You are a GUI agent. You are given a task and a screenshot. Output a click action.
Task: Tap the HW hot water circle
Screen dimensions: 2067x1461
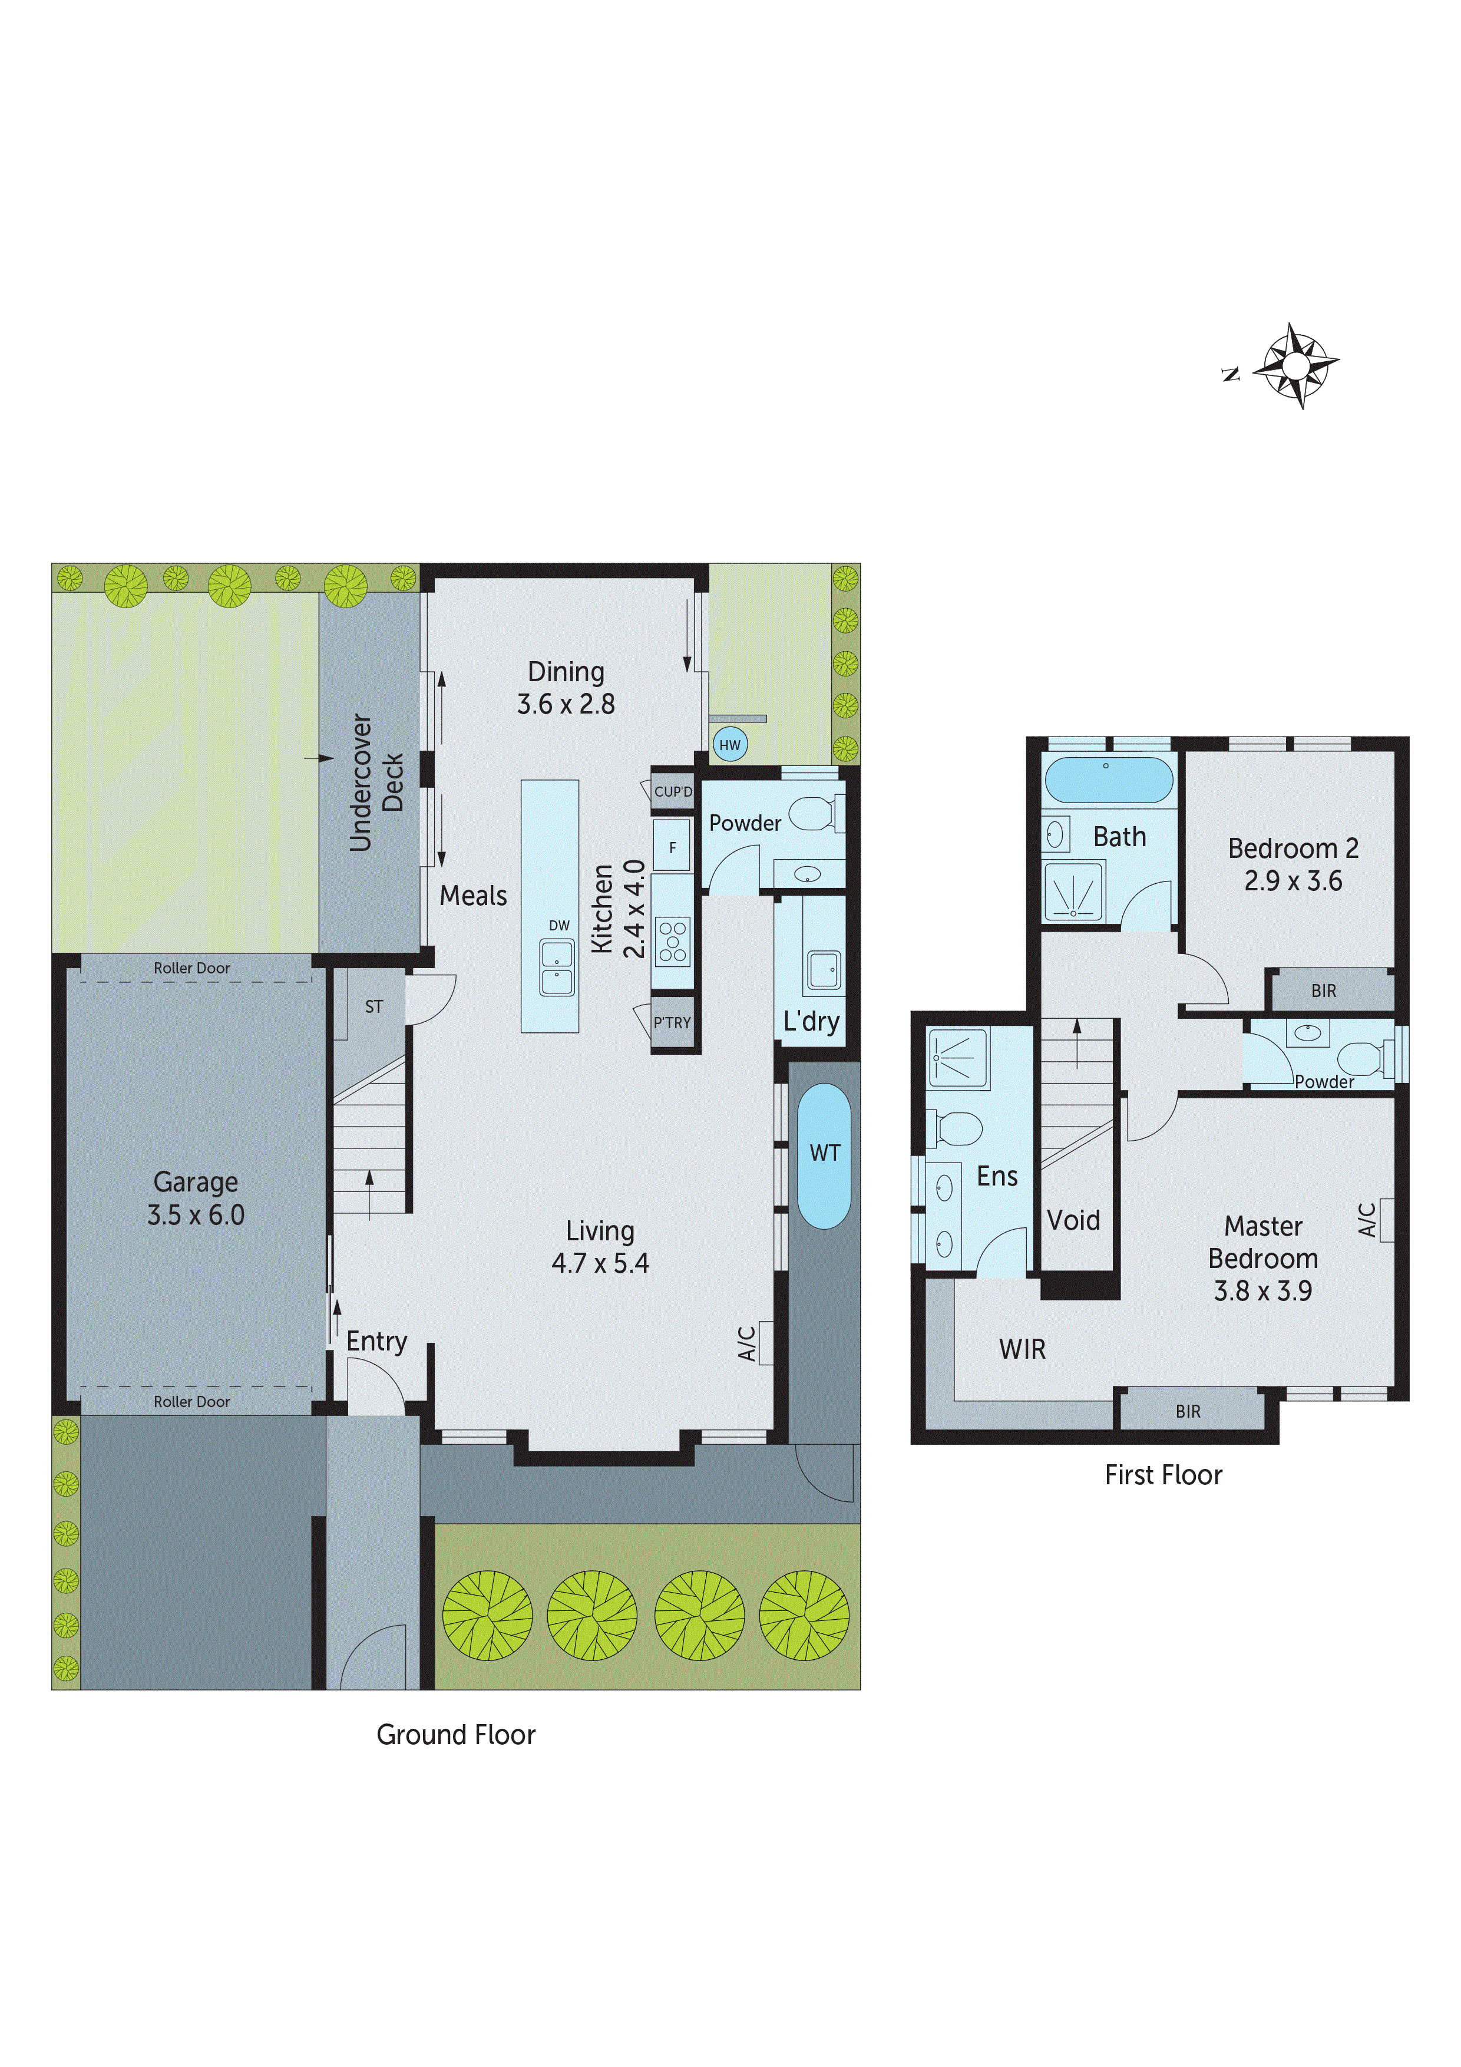click(729, 745)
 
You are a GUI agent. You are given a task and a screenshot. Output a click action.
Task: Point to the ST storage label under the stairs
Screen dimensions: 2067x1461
click(373, 1006)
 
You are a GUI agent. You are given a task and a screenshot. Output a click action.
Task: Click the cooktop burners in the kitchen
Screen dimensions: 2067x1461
click(672, 942)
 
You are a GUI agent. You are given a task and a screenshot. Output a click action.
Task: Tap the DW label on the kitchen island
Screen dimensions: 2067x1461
click(559, 926)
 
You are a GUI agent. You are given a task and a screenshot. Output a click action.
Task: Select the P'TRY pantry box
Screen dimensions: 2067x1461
click(672, 1023)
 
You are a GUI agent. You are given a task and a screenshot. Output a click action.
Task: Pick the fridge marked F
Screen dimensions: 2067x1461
click(672, 847)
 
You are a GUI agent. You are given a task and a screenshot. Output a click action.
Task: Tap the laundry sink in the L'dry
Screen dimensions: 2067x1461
click(823, 970)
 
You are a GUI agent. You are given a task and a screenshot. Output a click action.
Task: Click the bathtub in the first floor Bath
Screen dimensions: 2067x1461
click(1108, 780)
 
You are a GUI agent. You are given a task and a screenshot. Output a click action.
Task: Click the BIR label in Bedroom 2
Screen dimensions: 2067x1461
click(1323, 991)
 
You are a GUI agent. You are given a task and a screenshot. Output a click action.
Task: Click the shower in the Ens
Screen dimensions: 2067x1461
click(958, 1057)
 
